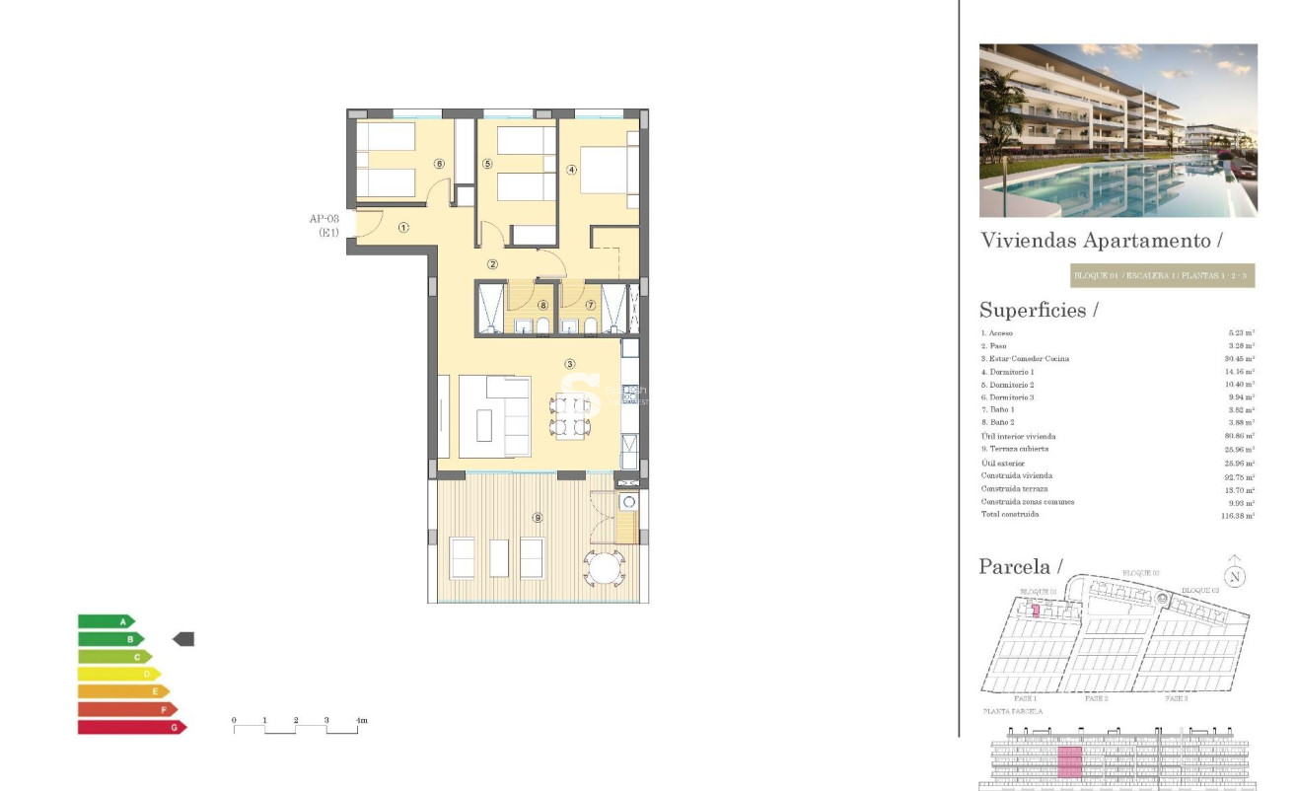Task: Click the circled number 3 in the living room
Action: click(x=569, y=364)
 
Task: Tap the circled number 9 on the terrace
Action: click(x=537, y=517)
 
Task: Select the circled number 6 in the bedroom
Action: click(x=439, y=164)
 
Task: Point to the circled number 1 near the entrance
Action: click(x=403, y=227)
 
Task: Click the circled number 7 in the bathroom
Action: click(x=591, y=305)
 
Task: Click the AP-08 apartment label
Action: click(x=324, y=218)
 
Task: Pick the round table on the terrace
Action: click(x=602, y=568)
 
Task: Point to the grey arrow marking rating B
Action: click(x=183, y=639)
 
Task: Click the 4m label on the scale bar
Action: click(x=361, y=721)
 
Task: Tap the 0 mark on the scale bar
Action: click(x=234, y=721)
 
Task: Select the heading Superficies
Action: click(x=1039, y=310)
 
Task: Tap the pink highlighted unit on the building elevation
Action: click(x=1069, y=761)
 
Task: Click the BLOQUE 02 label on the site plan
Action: click(x=1141, y=573)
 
